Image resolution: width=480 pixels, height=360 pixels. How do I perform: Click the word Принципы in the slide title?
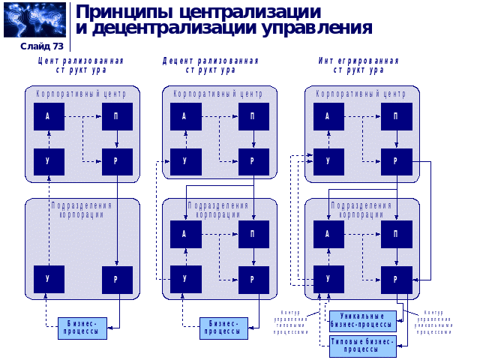(x=119, y=12)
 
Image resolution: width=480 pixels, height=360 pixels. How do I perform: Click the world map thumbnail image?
(x=34, y=19)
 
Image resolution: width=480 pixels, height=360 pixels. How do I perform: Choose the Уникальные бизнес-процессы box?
(x=362, y=320)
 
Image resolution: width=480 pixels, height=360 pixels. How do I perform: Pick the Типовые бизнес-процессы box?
(x=362, y=345)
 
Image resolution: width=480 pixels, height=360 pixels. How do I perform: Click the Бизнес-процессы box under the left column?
(x=82, y=328)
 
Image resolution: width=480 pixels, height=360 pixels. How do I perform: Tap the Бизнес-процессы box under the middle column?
(x=223, y=328)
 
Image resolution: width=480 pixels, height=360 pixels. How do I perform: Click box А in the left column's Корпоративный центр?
(x=48, y=116)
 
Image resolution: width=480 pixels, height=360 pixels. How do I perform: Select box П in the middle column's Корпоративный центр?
(x=254, y=116)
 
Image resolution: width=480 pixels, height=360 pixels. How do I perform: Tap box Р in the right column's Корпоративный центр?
(x=396, y=162)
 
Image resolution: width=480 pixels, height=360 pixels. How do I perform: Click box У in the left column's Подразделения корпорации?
(x=48, y=279)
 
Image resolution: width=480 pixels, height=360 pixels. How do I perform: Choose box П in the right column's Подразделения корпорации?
(x=396, y=233)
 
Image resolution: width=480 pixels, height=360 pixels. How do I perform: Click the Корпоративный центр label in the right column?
(x=361, y=94)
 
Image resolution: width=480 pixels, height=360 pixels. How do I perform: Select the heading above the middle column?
(x=211, y=64)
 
